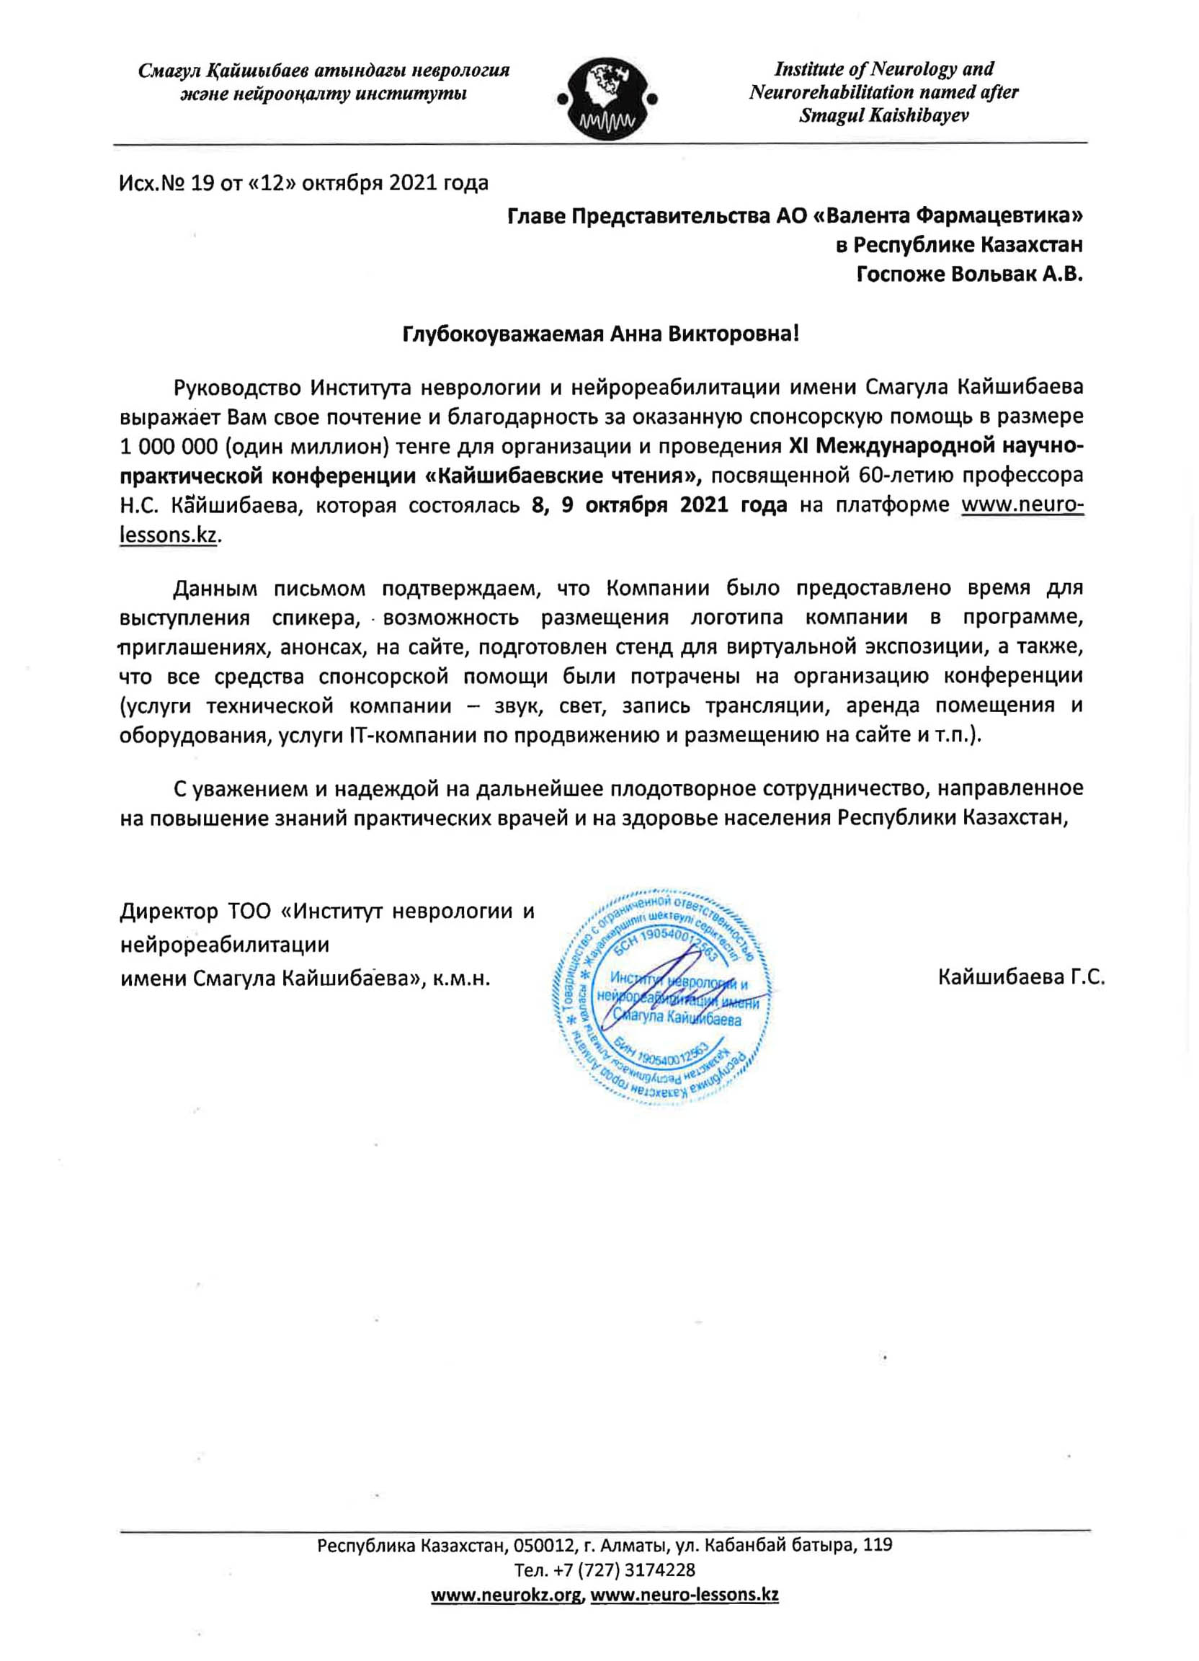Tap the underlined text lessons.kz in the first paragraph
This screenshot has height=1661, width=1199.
(x=169, y=535)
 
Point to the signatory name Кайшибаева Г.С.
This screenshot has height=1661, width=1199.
(x=1020, y=977)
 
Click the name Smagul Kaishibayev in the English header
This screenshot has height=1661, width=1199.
(x=883, y=116)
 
